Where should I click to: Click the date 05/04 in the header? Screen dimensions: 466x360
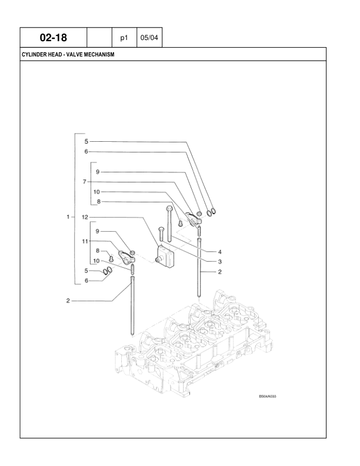[148, 38]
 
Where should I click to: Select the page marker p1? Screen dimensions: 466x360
[124, 38]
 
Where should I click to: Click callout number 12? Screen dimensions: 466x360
[85, 217]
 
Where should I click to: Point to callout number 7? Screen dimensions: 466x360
[85, 181]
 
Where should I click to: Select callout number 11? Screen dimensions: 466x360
[85, 242]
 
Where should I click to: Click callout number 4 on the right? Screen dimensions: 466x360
[219, 251]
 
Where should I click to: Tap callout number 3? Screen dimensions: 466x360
[219, 261]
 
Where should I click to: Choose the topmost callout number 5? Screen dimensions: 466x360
[85, 141]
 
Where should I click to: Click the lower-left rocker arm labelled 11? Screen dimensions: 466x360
[125, 255]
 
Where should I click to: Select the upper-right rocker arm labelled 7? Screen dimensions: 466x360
[192, 219]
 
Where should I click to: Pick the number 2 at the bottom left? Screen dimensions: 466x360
[69, 301]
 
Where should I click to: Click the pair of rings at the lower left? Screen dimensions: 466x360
[108, 271]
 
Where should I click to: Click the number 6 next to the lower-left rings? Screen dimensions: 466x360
[85, 281]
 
